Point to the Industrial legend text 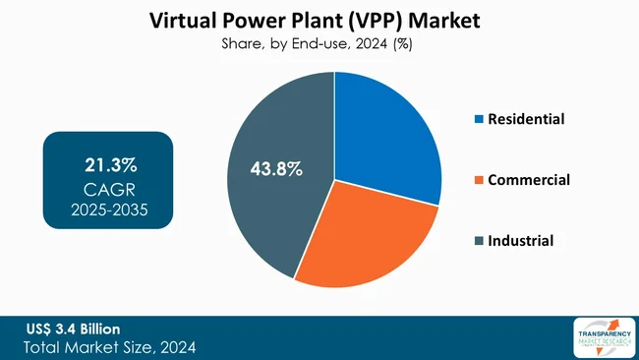pyautogui.click(x=522, y=241)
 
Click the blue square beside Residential pyautogui.click(x=480, y=120)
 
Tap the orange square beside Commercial pyautogui.click(x=480, y=181)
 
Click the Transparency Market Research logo pyautogui.click(x=601, y=337)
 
